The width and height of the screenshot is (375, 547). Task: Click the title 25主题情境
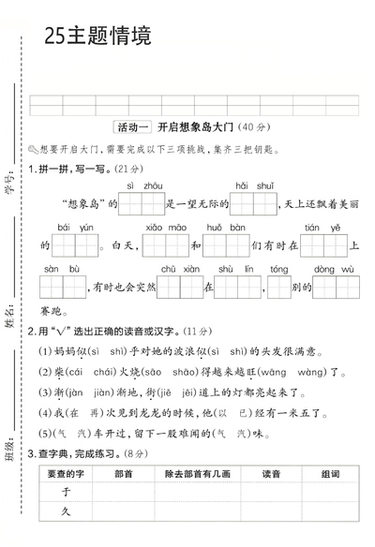pos(97,37)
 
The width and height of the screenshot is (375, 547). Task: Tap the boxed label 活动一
pos(131,127)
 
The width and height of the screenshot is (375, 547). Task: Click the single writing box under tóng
pos(278,288)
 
